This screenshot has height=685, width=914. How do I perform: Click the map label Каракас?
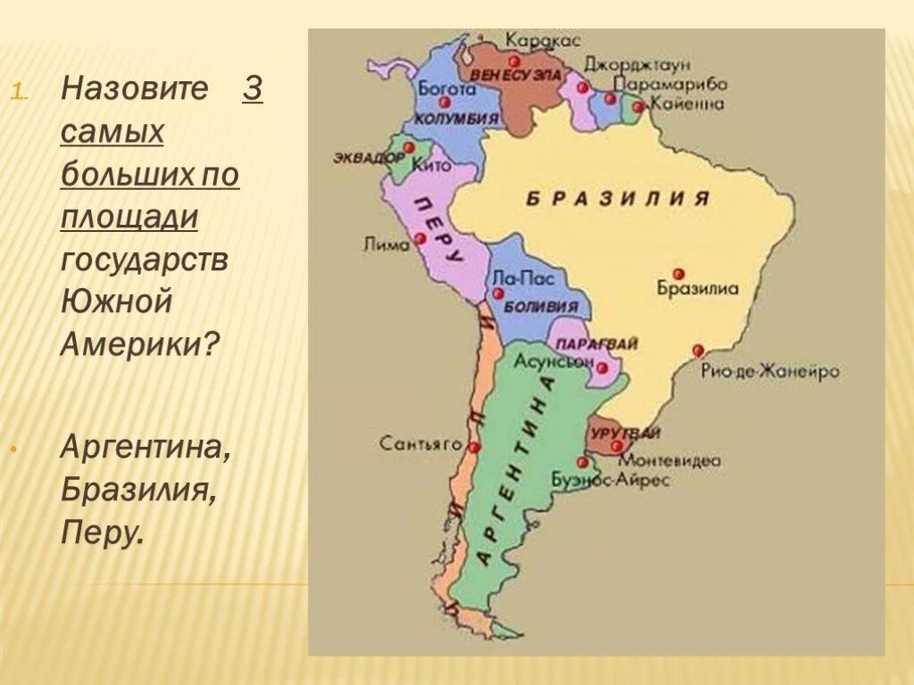click(543, 40)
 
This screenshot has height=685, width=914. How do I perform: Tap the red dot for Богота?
click(445, 102)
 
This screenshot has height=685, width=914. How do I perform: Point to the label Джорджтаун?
click(637, 64)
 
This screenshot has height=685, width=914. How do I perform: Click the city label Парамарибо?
click(670, 83)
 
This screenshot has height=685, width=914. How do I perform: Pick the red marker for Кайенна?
click(637, 107)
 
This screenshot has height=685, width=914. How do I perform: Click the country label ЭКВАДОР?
click(369, 157)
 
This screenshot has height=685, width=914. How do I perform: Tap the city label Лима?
click(386, 242)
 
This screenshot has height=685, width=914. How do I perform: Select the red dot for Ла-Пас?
click(498, 293)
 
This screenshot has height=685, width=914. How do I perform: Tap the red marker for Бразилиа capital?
click(678, 273)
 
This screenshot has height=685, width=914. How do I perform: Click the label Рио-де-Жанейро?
click(769, 371)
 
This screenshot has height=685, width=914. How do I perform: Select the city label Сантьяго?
click(420, 442)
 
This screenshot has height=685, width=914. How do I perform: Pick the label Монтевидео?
click(669, 460)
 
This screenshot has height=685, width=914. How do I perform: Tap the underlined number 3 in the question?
click(253, 89)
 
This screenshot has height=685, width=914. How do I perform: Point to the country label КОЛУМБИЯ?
click(456, 120)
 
